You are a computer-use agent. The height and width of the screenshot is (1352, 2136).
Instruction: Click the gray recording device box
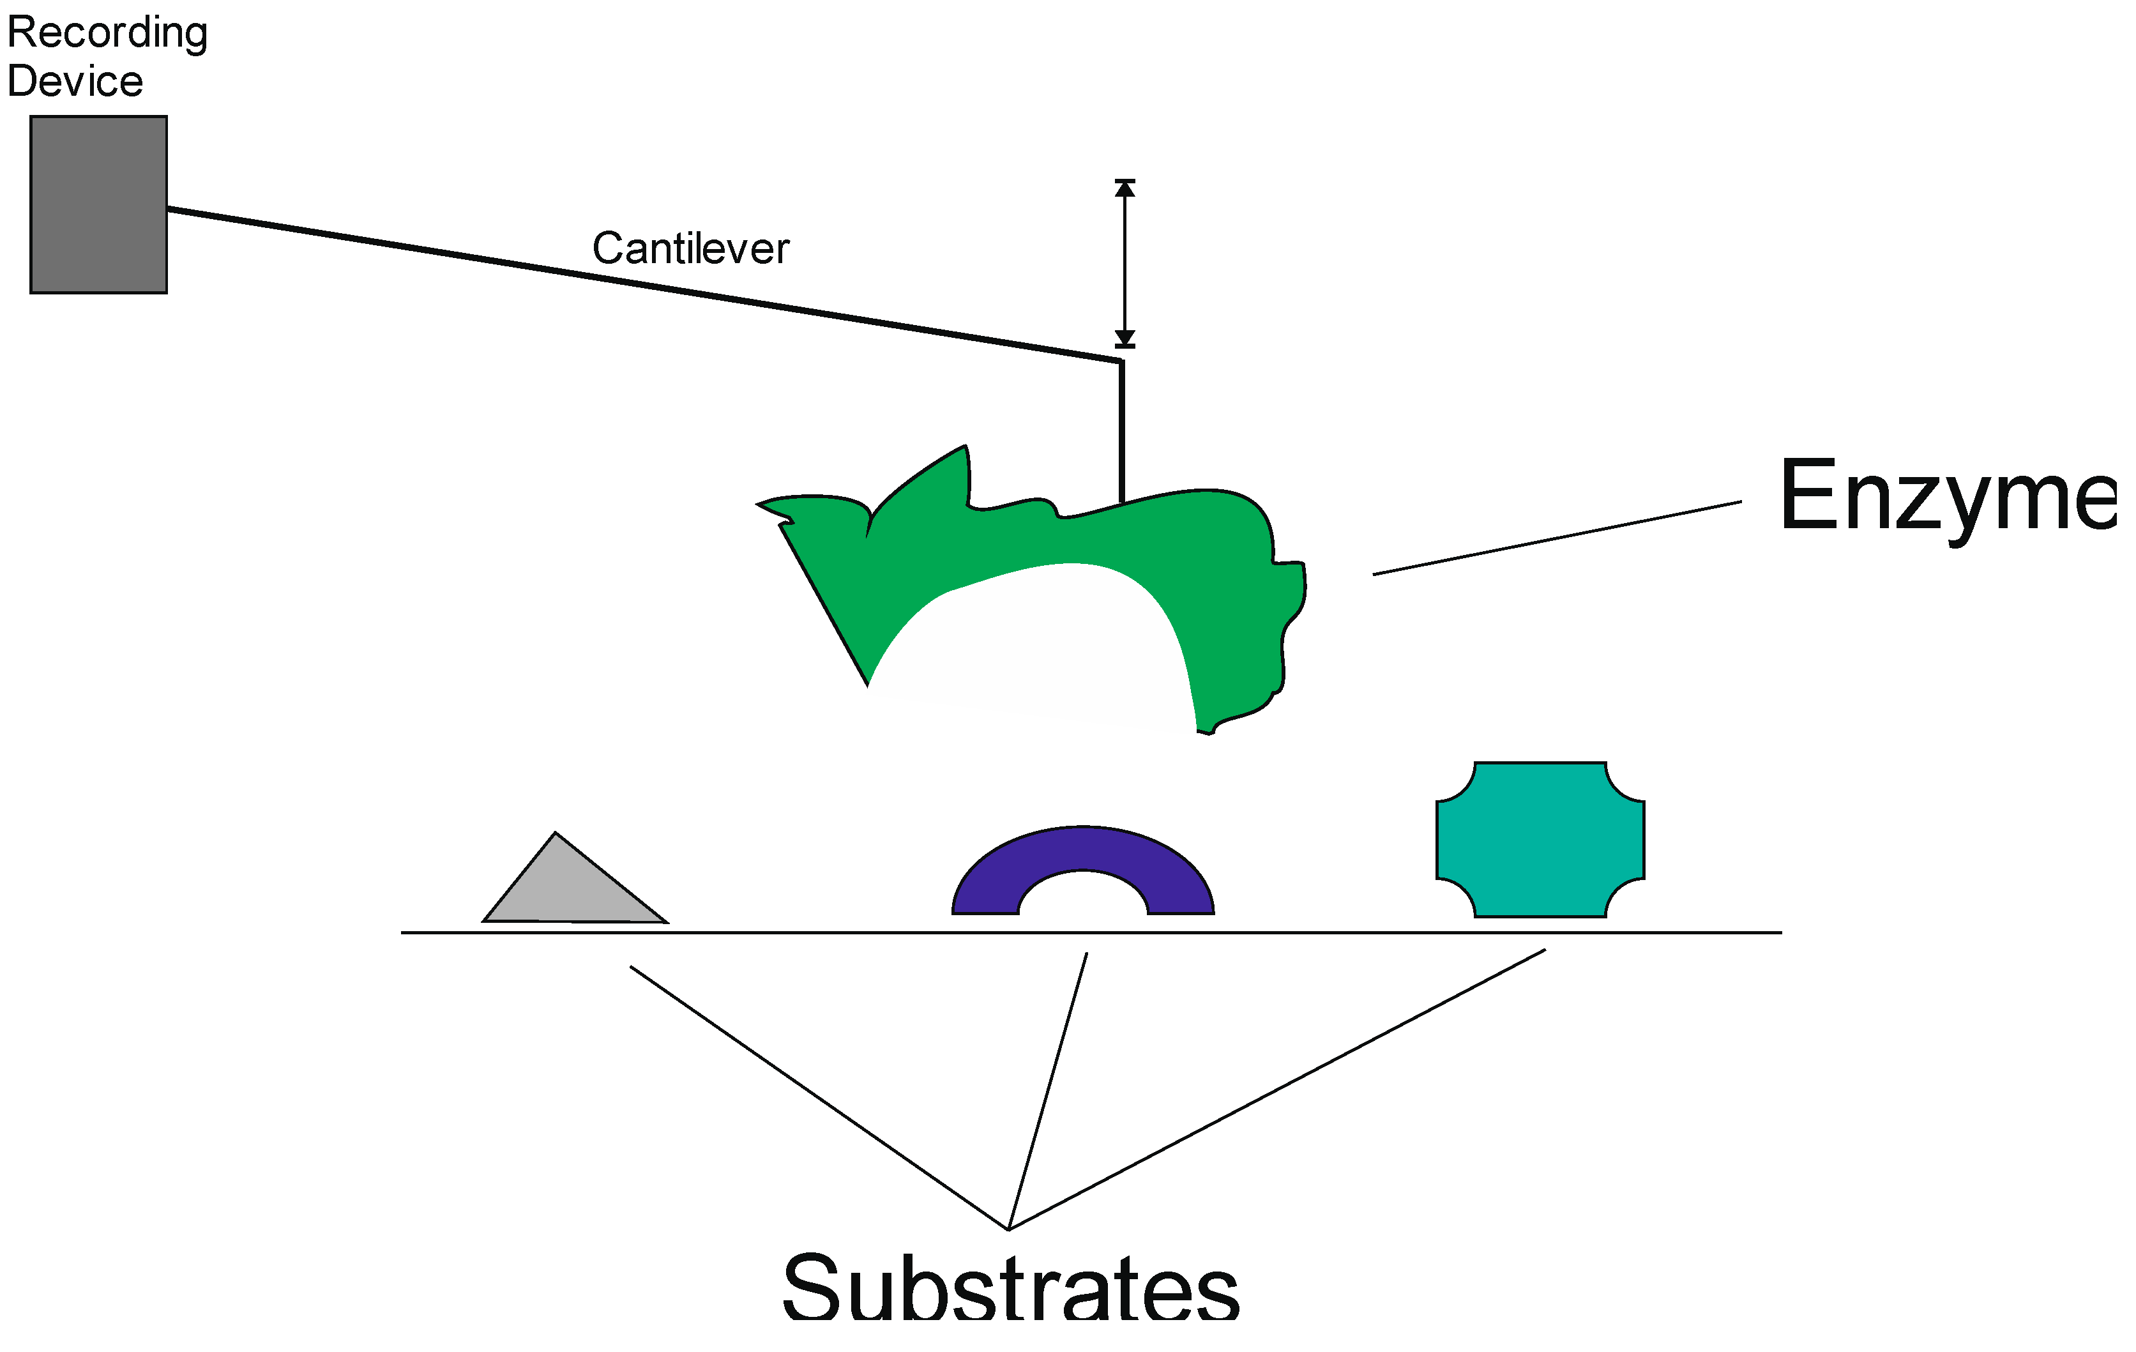pyautogui.click(x=98, y=204)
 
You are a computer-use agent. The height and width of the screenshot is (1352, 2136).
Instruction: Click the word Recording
pyautogui.click(x=107, y=33)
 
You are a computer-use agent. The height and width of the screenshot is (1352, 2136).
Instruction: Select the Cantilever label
pyautogui.click(x=690, y=248)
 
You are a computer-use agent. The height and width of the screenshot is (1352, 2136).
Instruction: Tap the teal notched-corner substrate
pyautogui.click(x=1540, y=839)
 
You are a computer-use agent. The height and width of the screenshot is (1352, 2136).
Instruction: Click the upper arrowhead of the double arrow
pyautogui.click(x=1125, y=188)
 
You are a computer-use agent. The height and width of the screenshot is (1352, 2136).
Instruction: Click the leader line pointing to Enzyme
pyautogui.click(x=1557, y=538)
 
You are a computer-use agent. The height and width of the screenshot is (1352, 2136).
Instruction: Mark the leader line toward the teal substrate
pyautogui.click(x=1277, y=1090)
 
